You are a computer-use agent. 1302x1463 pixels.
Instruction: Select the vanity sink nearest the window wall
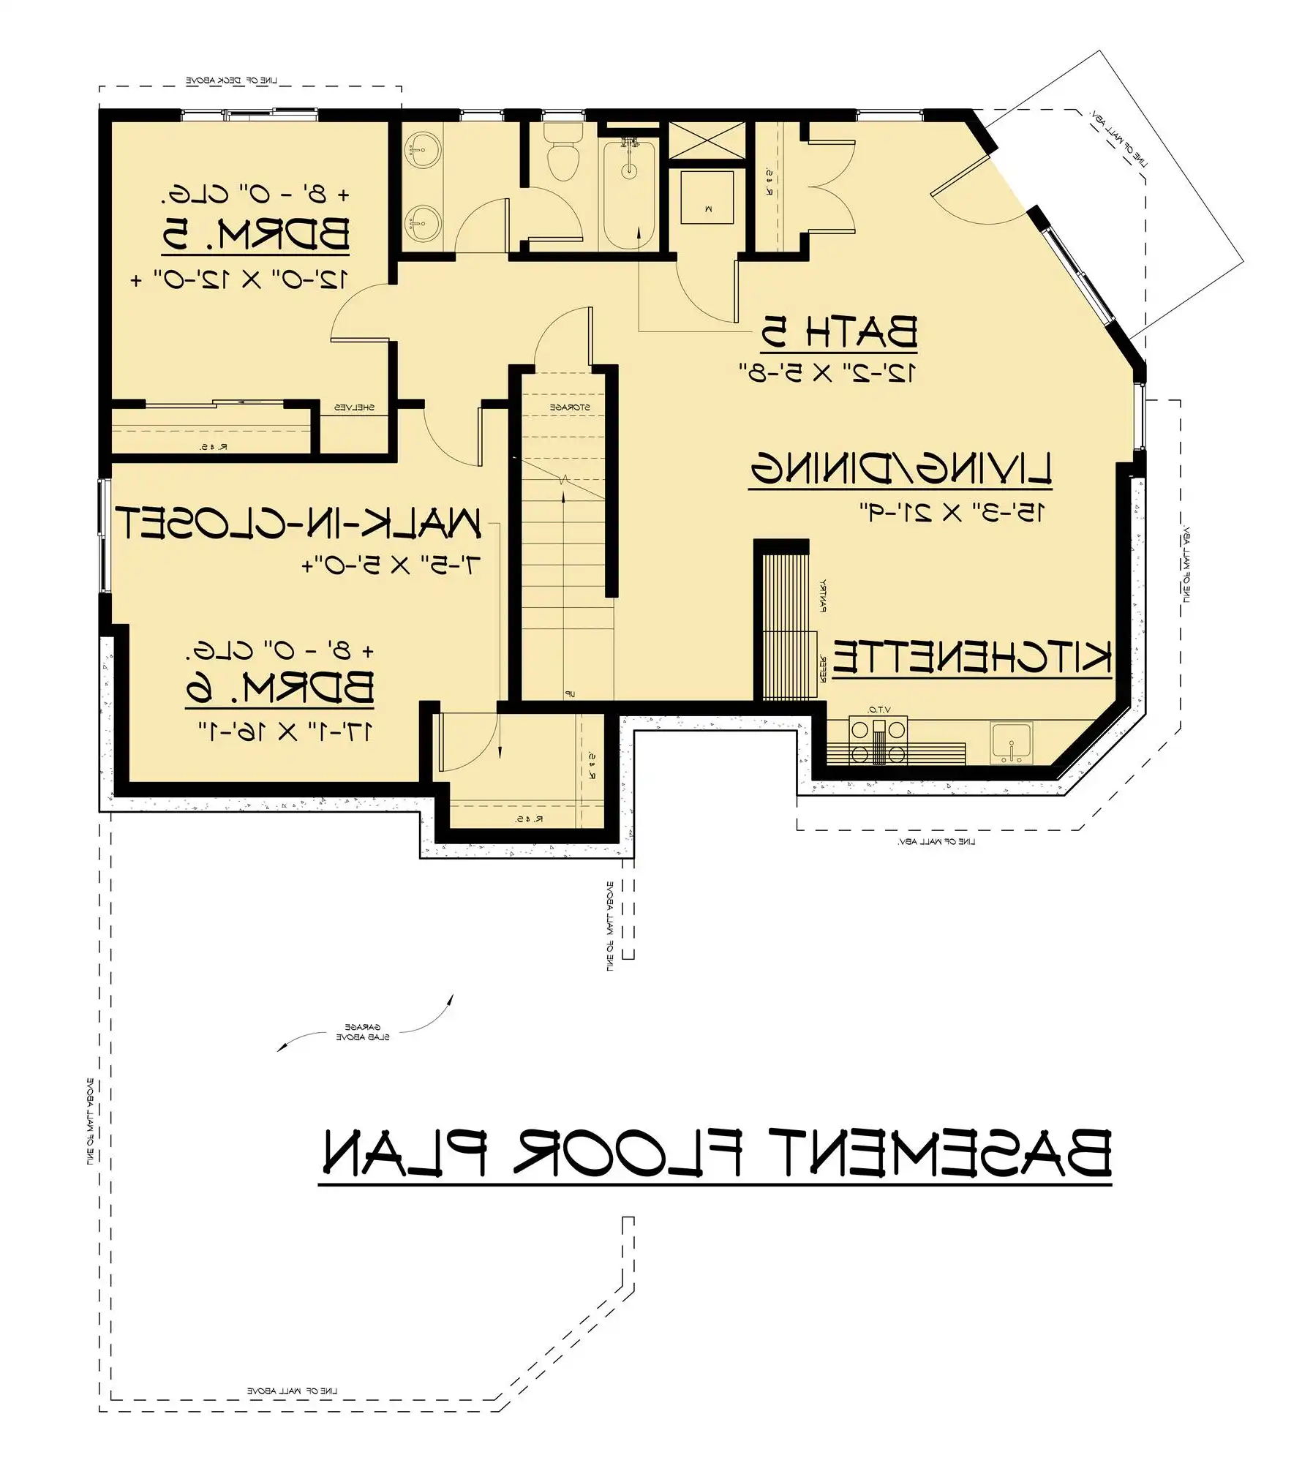[424, 149]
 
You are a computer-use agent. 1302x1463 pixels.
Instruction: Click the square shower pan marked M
[707, 197]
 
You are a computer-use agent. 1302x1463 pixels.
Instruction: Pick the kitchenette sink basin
[1011, 743]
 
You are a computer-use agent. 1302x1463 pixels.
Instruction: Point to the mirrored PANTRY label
[824, 595]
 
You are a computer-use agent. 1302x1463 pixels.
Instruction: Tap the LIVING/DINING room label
[901, 468]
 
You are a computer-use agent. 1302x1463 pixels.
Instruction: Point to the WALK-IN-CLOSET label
[298, 523]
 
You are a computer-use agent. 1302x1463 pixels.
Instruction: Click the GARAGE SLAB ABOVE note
[362, 1032]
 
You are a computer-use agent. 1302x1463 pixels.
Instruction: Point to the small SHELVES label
[355, 407]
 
